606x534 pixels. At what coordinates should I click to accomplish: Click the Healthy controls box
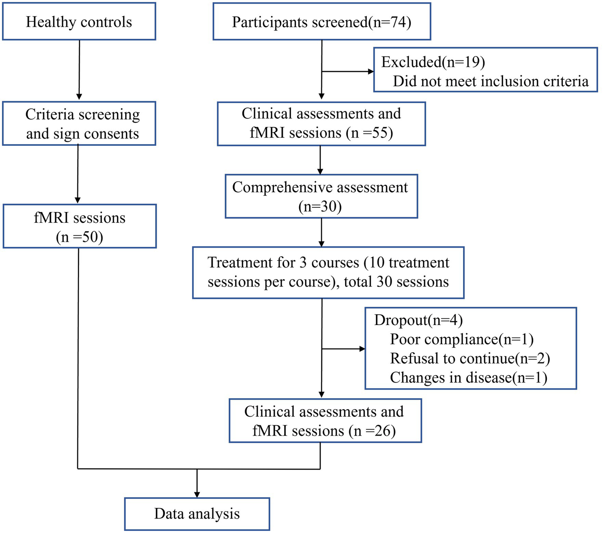click(x=79, y=21)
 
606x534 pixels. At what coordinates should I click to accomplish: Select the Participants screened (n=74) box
click(x=321, y=21)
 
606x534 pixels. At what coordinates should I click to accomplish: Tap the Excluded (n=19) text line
click(x=433, y=62)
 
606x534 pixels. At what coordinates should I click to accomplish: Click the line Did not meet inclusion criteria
click(x=490, y=81)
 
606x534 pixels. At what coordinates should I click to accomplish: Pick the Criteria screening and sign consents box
click(x=79, y=124)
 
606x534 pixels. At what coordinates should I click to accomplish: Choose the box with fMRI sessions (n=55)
click(x=321, y=124)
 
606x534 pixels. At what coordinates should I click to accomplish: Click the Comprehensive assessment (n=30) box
click(x=321, y=196)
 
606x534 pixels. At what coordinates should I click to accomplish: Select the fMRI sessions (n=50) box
click(x=79, y=226)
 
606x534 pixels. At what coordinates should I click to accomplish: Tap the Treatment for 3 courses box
click(x=328, y=273)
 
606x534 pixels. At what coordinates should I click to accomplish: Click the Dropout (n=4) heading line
click(x=418, y=320)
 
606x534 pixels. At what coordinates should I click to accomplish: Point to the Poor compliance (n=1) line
click(x=462, y=339)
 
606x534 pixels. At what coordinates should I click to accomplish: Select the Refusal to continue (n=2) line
click(x=470, y=358)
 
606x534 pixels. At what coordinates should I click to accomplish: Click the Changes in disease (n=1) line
click(x=469, y=378)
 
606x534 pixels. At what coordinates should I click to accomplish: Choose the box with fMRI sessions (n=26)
click(x=325, y=421)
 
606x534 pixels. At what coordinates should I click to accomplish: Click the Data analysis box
click(x=197, y=514)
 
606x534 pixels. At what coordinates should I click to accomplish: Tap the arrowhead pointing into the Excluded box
click(x=371, y=71)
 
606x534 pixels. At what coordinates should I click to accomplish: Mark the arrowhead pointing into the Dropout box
click(x=362, y=349)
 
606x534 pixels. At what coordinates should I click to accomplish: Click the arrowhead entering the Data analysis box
click(x=197, y=495)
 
